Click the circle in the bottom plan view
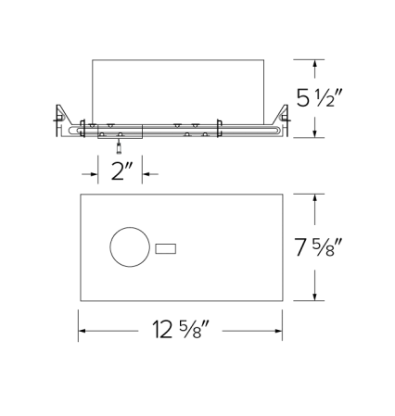coord(128,248)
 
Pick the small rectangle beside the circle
coord(166,248)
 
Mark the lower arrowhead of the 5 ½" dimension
coord(317,133)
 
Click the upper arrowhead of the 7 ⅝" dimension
coord(317,197)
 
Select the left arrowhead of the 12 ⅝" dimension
coord(83,331)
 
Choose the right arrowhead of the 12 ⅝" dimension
coord(280,331)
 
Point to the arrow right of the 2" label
coord(148,172)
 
